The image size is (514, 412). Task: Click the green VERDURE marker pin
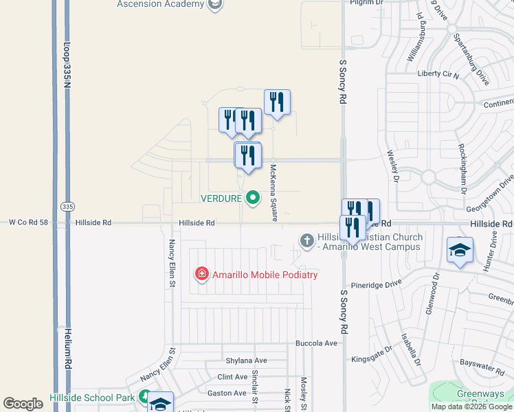click(253, 198)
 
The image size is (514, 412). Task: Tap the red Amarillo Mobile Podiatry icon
click(202, 275)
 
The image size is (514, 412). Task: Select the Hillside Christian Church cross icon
click(307, 240)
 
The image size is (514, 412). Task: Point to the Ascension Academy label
click(161, 4)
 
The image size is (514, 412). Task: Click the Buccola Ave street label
click(316, 343)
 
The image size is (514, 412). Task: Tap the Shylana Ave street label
click(246, 360)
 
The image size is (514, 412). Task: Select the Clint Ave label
click(232, 377)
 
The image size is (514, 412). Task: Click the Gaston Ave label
click(227, 393)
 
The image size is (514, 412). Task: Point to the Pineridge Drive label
click(376, 283)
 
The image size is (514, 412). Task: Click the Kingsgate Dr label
click(371, 358)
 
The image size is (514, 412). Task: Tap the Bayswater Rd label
click(482, 367)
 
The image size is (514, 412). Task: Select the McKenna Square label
click(273, 193)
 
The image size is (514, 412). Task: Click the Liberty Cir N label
click(438, 73)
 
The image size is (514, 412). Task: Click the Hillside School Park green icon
click(145, 397)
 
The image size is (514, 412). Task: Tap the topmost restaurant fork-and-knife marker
click(277, 102)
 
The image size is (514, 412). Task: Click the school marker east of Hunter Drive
click(460, 249)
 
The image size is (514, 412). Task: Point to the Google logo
click(23, 404)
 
